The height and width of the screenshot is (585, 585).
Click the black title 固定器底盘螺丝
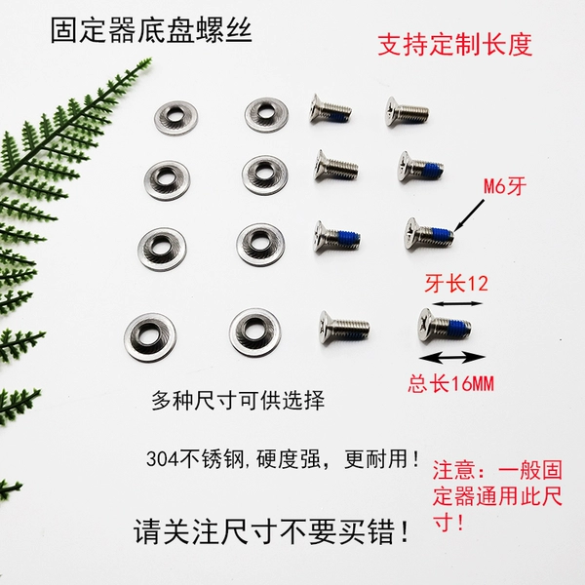[151, 30]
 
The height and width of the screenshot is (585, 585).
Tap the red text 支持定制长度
[454, 45]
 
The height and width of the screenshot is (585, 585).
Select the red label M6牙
[505, 186]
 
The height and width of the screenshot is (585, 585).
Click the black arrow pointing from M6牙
[469, 214]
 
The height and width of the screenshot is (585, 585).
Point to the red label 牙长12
[456, 284]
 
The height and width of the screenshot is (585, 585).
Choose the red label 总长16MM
[450, 383]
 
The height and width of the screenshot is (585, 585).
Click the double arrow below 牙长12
[457, 303]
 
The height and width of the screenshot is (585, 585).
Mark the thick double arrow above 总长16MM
[452, 358]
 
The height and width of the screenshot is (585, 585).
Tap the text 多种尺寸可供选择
[238, 401]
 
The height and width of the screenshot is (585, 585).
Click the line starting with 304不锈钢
[284, 458]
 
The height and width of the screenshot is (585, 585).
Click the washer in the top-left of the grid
[175, 118]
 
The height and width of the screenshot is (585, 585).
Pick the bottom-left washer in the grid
[149, 337]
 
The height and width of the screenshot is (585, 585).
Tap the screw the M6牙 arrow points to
[429, 234]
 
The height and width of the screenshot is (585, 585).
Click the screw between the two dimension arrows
[444, 326]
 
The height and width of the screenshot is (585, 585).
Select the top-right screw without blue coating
[408, 111]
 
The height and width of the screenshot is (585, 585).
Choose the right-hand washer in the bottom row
[254, 332]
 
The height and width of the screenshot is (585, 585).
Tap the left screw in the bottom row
[344, 328]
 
